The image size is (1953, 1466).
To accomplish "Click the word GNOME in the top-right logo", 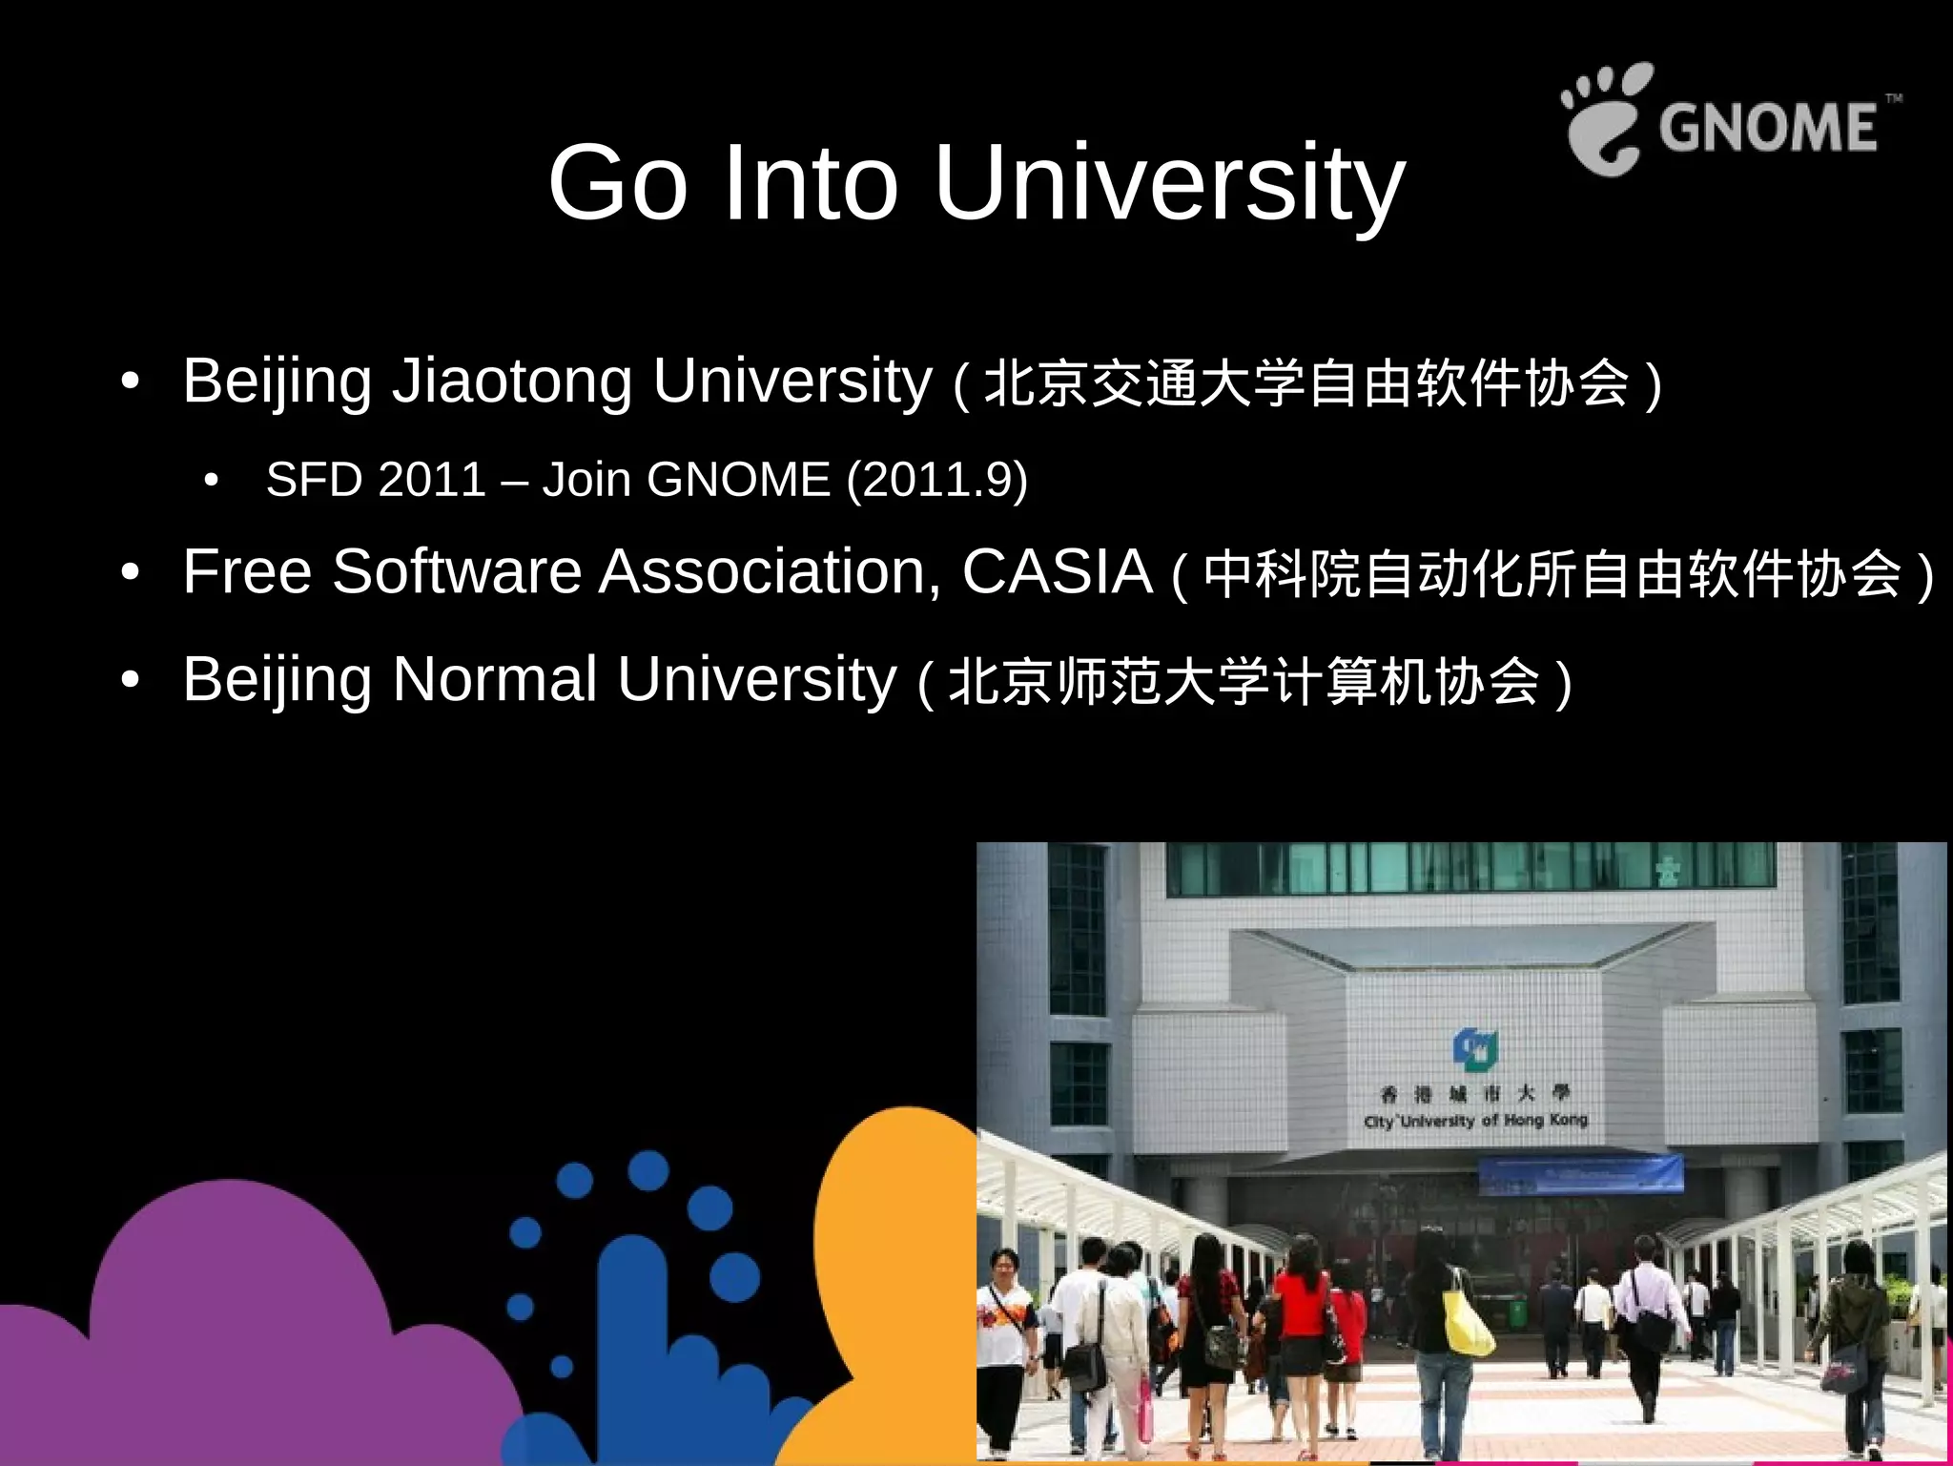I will tap(1767, 127).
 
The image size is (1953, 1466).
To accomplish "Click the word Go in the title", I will tap(618, 183).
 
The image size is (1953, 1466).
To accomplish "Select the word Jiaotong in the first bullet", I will tap(512, 382).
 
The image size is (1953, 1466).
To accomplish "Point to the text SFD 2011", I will tap(376, 479).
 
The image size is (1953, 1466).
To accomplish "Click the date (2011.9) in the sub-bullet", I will tap(936, 479).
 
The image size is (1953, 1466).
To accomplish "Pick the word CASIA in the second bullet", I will tap(1057, 572).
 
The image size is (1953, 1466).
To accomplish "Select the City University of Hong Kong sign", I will tap(1474, 1107).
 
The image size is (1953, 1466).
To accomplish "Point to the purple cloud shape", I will tap(238, 1335).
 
